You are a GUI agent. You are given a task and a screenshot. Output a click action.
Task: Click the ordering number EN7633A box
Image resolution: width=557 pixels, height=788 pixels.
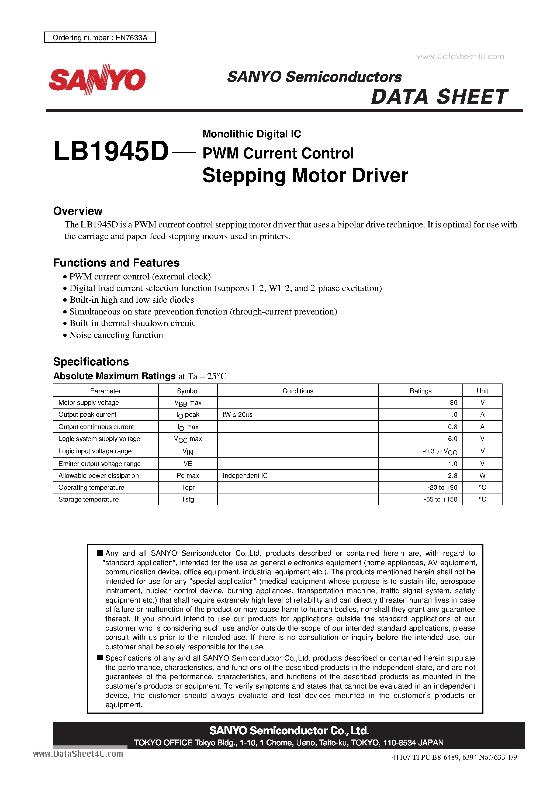[100, 37]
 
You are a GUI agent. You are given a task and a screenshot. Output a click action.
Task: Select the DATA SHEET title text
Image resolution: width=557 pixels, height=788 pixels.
[439, 97]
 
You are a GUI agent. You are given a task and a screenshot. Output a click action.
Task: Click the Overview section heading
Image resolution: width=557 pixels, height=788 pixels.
[78, 211]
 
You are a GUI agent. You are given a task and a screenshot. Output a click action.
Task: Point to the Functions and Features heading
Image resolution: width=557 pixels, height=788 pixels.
[116, 263]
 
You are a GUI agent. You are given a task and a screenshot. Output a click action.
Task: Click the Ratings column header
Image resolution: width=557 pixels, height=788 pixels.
[420, 391]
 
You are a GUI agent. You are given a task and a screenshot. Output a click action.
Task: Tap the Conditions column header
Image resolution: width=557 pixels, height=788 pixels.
[297, 391]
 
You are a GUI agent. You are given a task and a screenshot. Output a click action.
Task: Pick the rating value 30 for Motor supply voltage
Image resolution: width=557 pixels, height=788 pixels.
[453, 403]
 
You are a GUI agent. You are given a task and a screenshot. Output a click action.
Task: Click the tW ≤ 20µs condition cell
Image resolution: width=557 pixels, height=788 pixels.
[237, 414]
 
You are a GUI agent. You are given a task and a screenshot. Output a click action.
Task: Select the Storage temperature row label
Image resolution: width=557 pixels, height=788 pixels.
[89, 499]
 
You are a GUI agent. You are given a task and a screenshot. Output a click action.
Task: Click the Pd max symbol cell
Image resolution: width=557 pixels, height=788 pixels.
[188, 476]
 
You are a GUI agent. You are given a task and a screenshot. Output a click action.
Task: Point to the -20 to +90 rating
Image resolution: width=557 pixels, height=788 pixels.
[442, 487]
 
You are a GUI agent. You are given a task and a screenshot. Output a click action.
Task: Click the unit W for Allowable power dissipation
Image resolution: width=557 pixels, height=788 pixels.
[482, 476]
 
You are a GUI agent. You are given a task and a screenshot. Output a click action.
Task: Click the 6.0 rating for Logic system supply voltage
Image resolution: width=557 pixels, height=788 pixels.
[452, 439]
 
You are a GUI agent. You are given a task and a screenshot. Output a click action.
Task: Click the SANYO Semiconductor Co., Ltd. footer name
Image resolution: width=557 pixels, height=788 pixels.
[289, 730]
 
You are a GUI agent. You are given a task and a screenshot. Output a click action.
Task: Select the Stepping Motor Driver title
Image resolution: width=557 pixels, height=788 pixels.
[305, 176]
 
